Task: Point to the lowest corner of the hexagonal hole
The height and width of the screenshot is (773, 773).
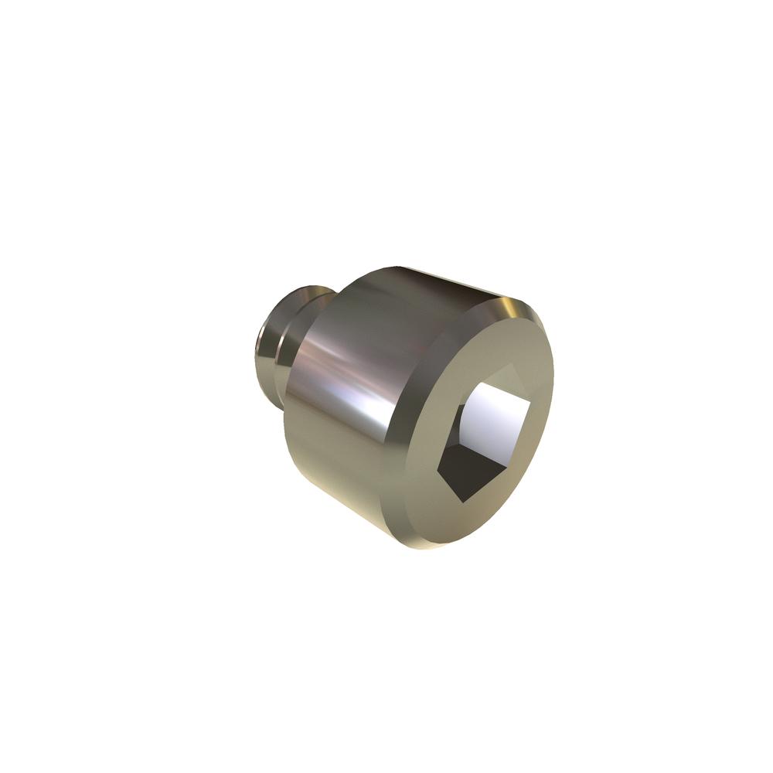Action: click(x=463, y=503)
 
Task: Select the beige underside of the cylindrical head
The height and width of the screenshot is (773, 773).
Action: click(x=340, y=479)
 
